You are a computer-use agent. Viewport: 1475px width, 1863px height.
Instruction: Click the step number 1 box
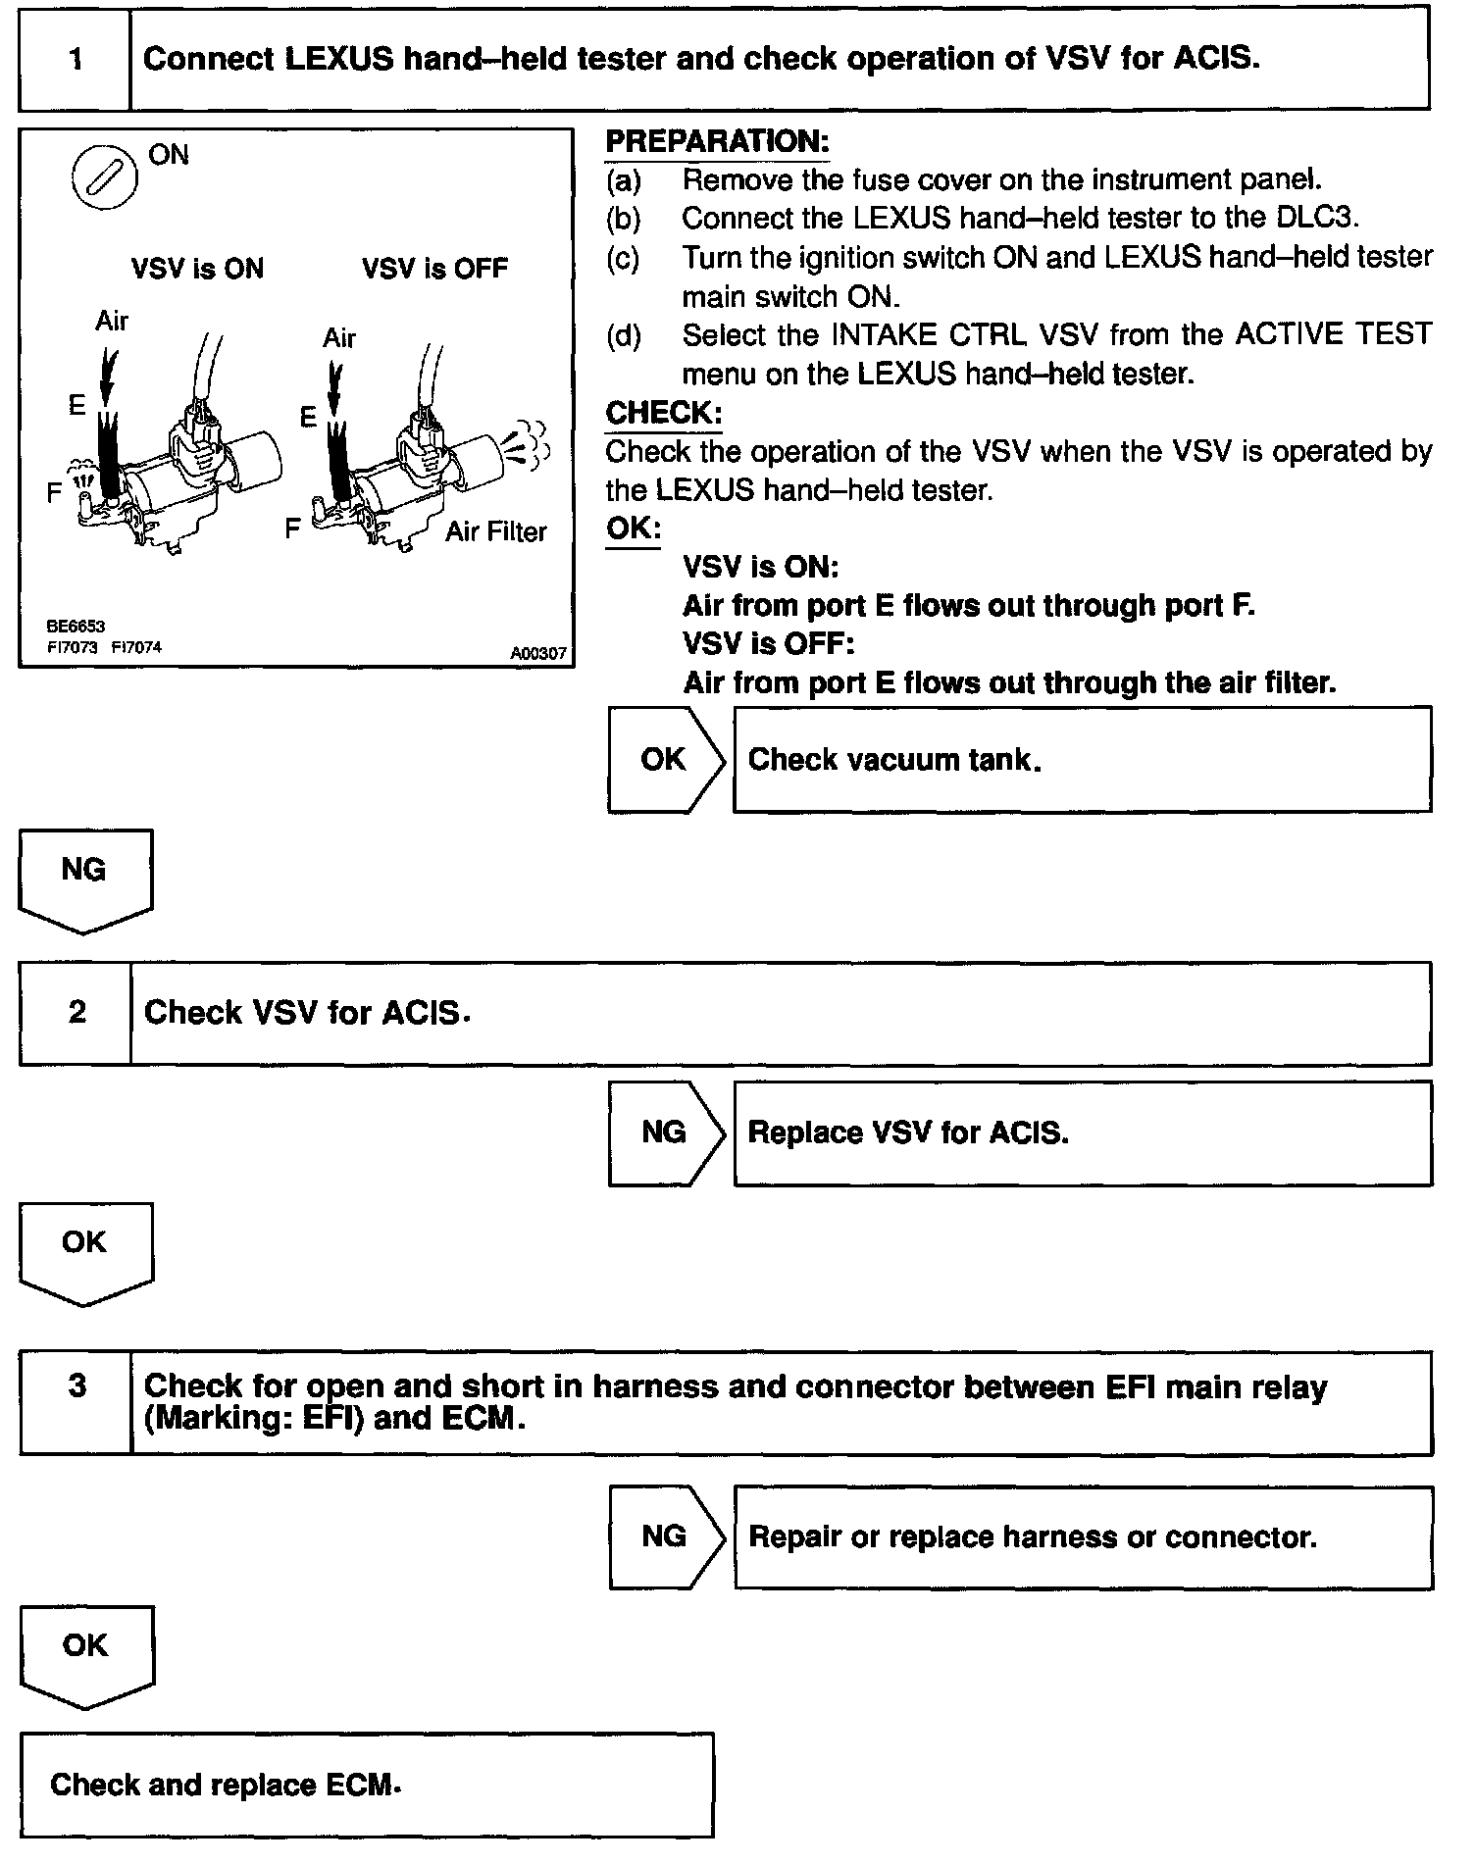pos(75,60)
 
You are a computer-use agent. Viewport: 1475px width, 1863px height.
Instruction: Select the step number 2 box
pos(76,1013)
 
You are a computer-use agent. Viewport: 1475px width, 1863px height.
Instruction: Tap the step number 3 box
pos(76,1402)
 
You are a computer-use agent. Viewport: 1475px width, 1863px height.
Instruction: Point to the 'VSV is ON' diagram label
pos(197,269)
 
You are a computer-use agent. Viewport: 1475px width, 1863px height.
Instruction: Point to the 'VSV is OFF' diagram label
pos(434,269)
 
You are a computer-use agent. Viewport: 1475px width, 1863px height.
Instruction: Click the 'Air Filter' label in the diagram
pos(495,532)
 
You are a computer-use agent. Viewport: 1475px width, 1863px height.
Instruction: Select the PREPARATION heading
pos(717,142)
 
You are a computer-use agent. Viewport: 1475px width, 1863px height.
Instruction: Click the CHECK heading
pos(664,413)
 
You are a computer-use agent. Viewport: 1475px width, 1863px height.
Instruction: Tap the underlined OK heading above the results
pos(633,529)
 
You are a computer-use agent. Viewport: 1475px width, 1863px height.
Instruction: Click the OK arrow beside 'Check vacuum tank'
pos(664,759)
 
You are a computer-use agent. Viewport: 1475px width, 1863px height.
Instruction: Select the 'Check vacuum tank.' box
pos(1082,759)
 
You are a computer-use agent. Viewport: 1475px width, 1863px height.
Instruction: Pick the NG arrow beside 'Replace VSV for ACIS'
pos(664,1133)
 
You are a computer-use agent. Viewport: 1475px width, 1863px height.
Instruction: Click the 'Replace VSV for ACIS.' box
pos(1082,1133)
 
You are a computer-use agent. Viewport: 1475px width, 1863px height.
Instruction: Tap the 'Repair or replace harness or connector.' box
pos(1083,1536)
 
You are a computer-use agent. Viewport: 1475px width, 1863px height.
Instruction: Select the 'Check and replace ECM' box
pos(366,1785)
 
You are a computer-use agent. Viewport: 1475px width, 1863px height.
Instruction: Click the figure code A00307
pos(537,653)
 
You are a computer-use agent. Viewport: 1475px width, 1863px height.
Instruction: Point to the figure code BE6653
pos(76,626)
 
